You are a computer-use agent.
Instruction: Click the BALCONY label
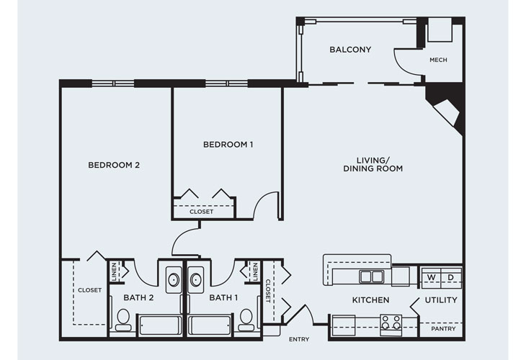[350, 50]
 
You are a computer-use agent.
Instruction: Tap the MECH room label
[438, 60]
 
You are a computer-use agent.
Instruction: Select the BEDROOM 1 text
[228, 145]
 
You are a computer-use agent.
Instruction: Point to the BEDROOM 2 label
[114, 165]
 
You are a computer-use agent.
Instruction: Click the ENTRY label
[299, 340]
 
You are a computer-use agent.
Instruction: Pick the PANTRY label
[443, 329]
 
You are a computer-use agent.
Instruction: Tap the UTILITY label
[441, 300]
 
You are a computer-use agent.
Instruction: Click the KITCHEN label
[370, 300]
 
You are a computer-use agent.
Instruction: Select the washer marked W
[431, 277]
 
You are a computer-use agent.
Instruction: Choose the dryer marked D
[451, 277]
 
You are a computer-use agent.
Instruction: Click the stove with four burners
[391, 325]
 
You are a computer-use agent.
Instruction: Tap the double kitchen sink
[371, 277]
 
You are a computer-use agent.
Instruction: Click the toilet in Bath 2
[122, 320]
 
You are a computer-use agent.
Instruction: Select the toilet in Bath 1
[246, 320]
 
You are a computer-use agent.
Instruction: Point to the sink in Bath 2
[174, 279]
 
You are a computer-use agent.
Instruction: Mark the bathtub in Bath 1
[210, 325]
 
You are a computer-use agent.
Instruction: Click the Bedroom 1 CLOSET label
[201, 212]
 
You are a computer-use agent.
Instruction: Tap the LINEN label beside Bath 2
[114, 271]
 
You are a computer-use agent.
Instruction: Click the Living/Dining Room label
[373, 165]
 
